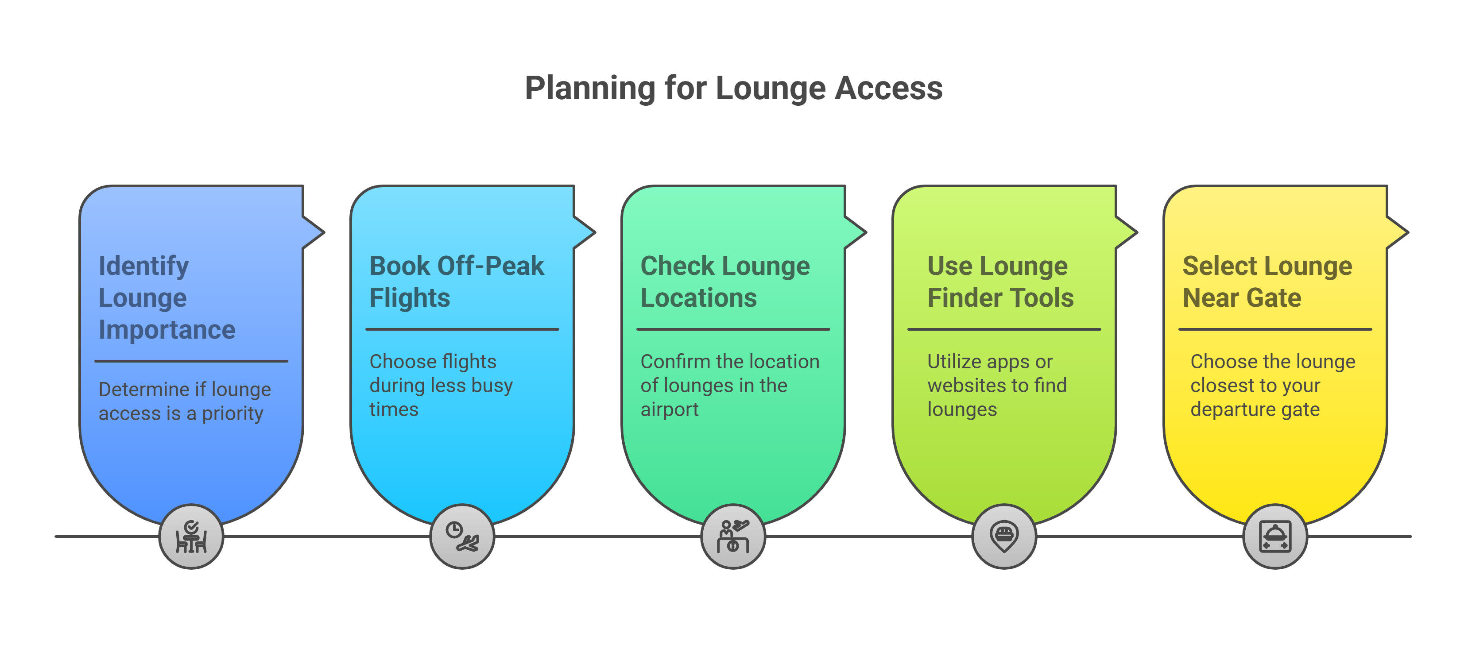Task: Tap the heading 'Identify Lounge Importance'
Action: [167, 298]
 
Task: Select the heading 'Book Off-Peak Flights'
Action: [457, 282]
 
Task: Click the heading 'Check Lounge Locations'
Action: [725, 282]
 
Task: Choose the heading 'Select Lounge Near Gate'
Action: [1267, 282]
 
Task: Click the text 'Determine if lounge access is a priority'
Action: [184, 401]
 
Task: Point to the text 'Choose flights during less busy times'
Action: [441, 386]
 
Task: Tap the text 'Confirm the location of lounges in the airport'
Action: [729, 386]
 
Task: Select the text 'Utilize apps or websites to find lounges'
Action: [997, 386]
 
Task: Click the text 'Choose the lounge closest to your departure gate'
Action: [1273, 386]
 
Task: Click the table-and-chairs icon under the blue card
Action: [191, 537]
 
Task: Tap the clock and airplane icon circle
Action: [462, 537]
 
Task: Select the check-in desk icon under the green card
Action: [733, 537]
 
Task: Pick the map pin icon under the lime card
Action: [1004, 537]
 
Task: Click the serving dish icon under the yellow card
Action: [1275, 537]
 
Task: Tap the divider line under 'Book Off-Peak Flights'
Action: [462, 329]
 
